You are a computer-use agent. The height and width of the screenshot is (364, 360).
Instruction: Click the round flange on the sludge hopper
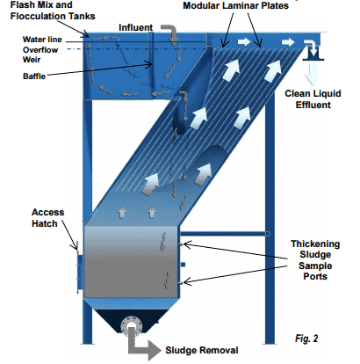(x=133, y=322)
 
